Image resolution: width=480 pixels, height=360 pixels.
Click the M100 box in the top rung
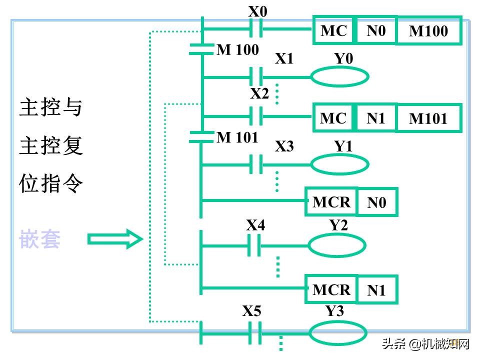click(x=428, y=31)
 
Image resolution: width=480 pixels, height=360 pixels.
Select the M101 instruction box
click(x=428, y=118)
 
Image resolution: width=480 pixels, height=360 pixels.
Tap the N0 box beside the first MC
click(x=376, y=31)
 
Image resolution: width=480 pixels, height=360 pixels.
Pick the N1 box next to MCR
click(x=376, y=290)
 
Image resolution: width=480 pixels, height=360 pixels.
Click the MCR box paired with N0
click(x=331, y=202)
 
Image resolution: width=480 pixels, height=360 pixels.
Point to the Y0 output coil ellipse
click(x=340, y=76)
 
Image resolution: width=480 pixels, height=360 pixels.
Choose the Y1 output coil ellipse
click(x=340, y=164)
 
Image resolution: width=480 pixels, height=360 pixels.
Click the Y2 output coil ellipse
click(x=336, y=245)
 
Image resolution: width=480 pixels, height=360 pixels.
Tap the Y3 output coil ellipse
click(x=338, y=333)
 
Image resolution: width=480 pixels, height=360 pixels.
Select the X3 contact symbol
click(x=256, y=164)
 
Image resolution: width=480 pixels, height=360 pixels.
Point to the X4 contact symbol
click(x=254, y=245)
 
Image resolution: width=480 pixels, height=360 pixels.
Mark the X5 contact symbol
click(x=255, y=333)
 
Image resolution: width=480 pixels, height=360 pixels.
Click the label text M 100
click(x=237, y=50)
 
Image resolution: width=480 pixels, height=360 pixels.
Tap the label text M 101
click(x=237, y=137)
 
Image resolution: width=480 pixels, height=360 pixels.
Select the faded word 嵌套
click(x=40, y=239)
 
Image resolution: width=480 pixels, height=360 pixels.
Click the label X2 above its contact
click(x=259, y=93)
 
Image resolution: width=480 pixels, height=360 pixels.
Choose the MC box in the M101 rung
click(x=333, y=118)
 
